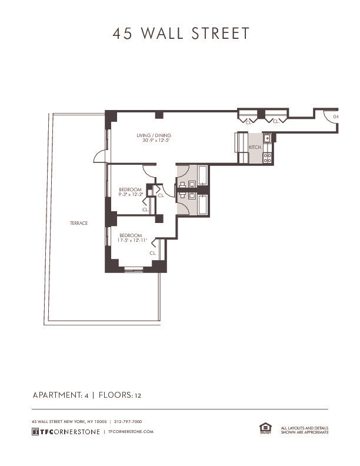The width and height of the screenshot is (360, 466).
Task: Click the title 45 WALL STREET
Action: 181,34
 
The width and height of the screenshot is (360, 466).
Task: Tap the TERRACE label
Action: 78,223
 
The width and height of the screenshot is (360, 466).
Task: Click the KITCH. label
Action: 255,147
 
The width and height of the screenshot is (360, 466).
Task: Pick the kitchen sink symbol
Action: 267,139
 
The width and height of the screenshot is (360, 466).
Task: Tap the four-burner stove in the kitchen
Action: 267,157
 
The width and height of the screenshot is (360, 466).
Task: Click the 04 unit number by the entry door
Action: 335,116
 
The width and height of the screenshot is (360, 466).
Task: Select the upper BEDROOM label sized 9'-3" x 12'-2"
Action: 130,189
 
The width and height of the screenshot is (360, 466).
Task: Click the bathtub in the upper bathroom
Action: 202,175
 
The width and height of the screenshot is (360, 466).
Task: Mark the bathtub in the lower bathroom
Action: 202,204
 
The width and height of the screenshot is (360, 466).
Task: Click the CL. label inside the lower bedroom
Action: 152,253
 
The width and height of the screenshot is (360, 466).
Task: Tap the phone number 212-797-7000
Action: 128,421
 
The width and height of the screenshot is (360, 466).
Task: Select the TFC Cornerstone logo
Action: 65,431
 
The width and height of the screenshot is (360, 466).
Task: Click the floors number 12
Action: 138,395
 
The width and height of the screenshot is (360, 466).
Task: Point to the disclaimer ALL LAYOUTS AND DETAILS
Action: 305,428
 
